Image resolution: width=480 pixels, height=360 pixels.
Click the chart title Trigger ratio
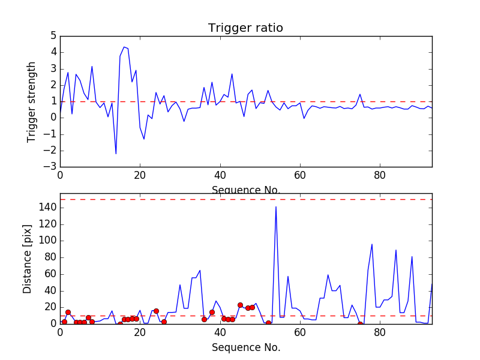(245, 28)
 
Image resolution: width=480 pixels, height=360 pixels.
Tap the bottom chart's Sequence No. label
(245, 347)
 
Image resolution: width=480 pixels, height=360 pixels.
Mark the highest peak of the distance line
(276, 206)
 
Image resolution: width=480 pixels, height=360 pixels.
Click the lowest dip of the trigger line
(116, 154)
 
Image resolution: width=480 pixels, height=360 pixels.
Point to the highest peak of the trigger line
(124, 47)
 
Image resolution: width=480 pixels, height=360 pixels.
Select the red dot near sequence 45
(240, 305)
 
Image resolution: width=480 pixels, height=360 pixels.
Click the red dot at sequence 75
(360, 324)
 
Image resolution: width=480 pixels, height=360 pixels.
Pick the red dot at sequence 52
(268, 323)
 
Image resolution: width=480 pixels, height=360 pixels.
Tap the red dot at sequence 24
(156, 311)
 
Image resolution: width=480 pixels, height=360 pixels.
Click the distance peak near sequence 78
(372, 244)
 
